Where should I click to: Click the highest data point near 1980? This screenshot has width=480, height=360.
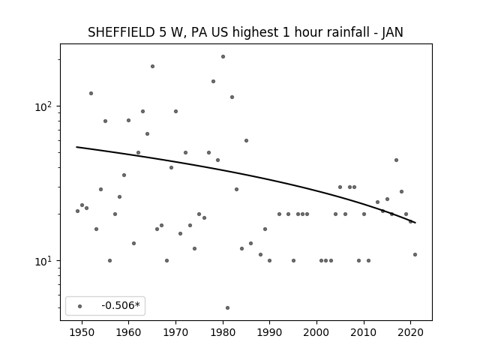223,57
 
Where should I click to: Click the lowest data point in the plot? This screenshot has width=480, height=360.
227,308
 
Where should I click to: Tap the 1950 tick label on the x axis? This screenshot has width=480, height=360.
82,332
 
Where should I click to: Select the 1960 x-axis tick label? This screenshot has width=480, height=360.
128,332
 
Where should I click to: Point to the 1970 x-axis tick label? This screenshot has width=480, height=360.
175,332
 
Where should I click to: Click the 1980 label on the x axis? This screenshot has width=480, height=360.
223,332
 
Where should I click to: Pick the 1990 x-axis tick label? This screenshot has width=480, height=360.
270,332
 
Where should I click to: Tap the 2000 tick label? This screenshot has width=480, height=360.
316,332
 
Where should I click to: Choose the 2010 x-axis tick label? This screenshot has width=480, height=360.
364,332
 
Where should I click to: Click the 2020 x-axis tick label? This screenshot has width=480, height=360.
411,332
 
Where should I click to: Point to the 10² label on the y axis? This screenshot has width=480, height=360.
43,106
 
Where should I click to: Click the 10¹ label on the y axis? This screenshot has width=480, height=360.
43,261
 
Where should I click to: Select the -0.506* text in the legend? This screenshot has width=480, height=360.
121,305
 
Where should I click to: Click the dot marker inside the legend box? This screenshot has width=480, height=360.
80,306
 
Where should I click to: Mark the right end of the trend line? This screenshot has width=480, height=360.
415,223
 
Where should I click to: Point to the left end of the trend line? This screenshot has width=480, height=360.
76,147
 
